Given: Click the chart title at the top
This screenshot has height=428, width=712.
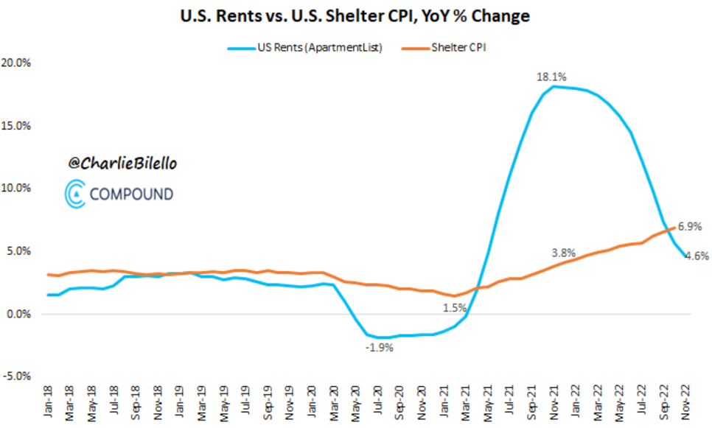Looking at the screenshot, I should click(x=356, y=15).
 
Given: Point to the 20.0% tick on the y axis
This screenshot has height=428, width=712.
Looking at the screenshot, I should click(x=16, y=63).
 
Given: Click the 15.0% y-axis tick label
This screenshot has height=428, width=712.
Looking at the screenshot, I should click(x=16, y=125).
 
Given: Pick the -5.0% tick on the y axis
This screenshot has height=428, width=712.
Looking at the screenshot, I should click(x=16, y=376).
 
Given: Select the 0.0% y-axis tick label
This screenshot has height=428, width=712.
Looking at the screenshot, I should click(x=18, y=314).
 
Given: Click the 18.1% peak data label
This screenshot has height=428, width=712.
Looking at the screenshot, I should click(x=552, y=75).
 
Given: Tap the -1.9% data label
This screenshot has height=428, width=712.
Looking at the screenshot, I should click(x=380, y=348).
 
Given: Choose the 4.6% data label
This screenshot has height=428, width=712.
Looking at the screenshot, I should click(x=697, y=256).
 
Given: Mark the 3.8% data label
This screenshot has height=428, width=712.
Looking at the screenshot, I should click(x=565, y=252).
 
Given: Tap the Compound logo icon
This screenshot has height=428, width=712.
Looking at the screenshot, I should click(x=74, y=193).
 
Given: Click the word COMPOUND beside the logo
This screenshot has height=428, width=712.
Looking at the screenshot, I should click(x=131, y=194).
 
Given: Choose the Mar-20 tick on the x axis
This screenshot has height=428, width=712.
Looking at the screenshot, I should click(x=335, y=405).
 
